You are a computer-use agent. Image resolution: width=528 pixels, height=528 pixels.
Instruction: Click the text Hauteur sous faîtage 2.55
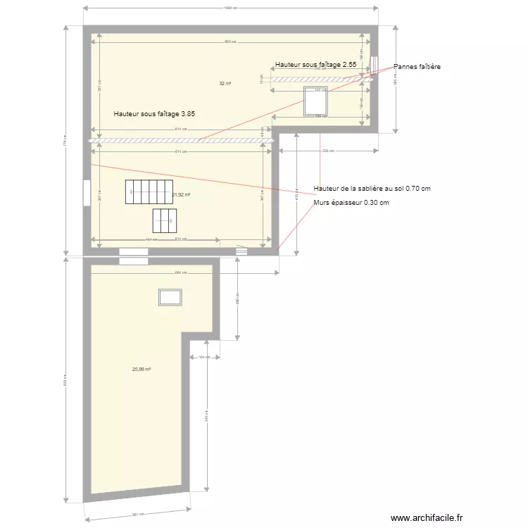coord(316,65)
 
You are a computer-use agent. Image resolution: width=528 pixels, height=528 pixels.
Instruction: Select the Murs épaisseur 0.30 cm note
coord(351,203)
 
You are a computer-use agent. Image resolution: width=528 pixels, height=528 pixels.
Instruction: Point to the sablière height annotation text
coord(372,189)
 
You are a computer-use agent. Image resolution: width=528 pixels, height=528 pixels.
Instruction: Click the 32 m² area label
coord(225,83)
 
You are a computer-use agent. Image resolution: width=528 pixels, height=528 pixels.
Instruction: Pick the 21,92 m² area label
coord(182,195)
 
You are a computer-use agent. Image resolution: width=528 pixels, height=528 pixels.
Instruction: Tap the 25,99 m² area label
coord(142,369)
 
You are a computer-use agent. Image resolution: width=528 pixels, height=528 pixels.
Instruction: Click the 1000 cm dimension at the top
coord(230,8)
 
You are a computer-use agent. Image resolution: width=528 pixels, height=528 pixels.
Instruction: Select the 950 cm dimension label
coord(230,42)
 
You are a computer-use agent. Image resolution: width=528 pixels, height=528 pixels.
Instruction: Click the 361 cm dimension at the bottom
coord(137,514)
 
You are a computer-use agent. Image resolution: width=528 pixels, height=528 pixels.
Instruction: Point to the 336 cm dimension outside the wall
coord(327,151)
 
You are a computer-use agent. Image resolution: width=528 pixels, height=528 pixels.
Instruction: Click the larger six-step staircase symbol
coord(149,191)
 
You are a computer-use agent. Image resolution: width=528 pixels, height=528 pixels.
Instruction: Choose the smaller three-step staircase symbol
coord(164,221)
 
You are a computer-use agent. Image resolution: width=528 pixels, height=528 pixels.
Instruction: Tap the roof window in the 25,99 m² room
coord(170,297)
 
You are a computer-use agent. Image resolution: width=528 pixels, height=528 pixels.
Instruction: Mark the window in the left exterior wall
coord(86,193)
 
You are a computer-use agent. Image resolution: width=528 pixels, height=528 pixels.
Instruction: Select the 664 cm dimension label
coord(180,273)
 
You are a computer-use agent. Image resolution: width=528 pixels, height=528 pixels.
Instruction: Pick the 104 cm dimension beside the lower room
coord(204,358)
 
